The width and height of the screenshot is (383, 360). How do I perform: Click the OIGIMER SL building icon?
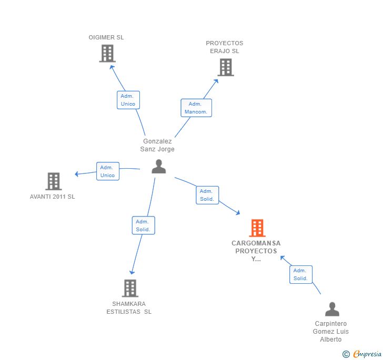point(107,53)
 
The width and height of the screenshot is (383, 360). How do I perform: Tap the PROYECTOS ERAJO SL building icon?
point(225,67)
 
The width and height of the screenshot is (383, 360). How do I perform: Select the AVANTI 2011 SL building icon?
point(53,181)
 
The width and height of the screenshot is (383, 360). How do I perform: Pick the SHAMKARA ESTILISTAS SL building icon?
point(130,288)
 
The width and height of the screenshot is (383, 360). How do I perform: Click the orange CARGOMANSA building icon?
point(257,228)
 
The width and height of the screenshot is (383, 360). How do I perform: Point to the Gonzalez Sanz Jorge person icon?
point(158,167)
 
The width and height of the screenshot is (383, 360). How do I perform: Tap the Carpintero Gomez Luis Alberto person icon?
point(332,309)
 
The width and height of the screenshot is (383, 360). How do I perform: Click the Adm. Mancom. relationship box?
point(196,108)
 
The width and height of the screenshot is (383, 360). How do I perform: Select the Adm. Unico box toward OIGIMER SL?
point(128,100)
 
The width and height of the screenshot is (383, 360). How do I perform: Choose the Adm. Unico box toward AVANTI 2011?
point(107,171)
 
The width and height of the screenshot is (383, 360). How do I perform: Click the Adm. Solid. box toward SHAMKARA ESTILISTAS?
point(143,225)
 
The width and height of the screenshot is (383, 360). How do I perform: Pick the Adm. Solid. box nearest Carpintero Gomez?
point(300,274)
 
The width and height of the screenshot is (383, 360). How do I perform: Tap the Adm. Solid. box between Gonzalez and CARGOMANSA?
point(207,195)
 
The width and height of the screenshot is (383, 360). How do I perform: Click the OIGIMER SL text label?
point(106,37)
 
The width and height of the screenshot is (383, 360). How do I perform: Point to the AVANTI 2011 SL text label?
point(53,197)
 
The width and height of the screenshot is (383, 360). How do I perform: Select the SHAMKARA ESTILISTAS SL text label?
point(129,307)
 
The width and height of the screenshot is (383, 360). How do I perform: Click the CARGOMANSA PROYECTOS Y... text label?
point(256,251)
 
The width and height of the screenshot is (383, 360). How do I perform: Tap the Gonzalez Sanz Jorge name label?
point(157,145)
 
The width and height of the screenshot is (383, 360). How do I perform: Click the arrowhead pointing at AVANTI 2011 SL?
point(77,174)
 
